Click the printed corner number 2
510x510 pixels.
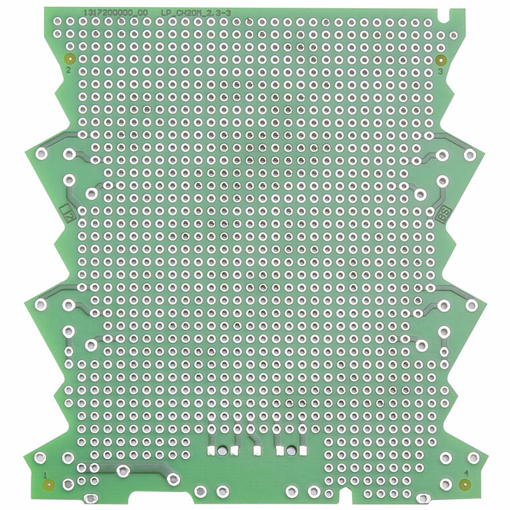coord(69,70)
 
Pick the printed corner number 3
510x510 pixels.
coord(441,71)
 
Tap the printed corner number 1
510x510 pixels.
coord(45,474)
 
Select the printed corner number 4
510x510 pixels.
coord(466,473)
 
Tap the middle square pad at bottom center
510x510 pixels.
coord(258,451)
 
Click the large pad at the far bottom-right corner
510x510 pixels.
coord(473,458)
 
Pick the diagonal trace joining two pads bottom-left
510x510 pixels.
coord(147,472)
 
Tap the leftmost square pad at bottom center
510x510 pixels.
coord(211,451)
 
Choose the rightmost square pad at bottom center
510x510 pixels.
coord(302,451)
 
